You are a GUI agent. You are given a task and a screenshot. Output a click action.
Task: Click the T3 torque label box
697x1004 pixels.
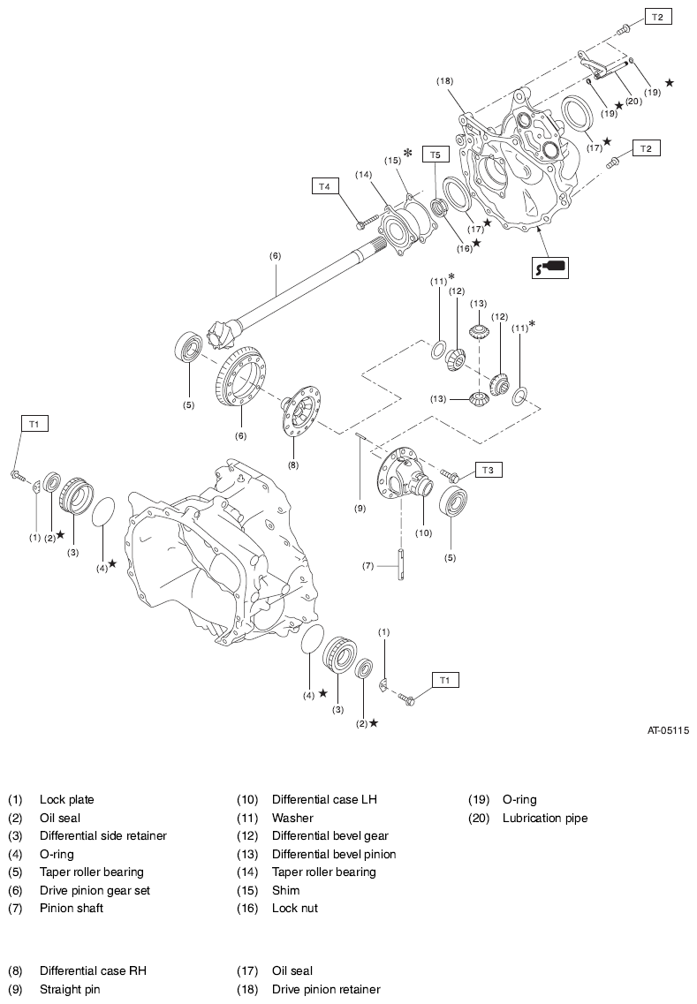coord(489,470)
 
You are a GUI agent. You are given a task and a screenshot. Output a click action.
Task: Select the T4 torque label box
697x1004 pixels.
coord(325,186)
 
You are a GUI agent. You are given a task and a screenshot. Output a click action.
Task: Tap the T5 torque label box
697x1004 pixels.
coord(434,155)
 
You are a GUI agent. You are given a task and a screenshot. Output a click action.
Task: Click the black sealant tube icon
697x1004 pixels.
coord(549,266)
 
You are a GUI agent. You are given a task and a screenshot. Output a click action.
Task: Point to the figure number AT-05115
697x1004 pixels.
coord(667,730)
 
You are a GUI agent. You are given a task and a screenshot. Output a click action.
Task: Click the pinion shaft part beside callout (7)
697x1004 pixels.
coord(399,565)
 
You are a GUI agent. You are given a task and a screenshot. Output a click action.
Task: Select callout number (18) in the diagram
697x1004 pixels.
coord(444,80)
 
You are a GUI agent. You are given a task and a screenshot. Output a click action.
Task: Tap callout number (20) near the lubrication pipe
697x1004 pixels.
coord(633,102)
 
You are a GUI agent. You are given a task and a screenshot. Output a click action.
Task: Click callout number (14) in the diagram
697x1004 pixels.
coord(364,175)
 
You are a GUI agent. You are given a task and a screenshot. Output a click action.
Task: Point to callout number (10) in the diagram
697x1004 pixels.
coord(423,532)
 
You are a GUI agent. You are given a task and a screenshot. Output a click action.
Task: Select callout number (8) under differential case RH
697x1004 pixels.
coord(292,464)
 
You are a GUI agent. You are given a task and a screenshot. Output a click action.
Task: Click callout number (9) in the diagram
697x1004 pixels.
coord(360,509)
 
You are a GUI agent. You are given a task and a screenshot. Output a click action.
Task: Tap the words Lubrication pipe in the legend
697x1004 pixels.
coord(544,818)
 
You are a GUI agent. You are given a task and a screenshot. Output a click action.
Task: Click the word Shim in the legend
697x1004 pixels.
coord(285,890)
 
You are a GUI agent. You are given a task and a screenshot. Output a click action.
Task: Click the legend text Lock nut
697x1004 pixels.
coord(294,908)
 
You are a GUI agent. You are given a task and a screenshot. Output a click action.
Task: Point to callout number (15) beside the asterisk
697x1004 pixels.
coord(392,160)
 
